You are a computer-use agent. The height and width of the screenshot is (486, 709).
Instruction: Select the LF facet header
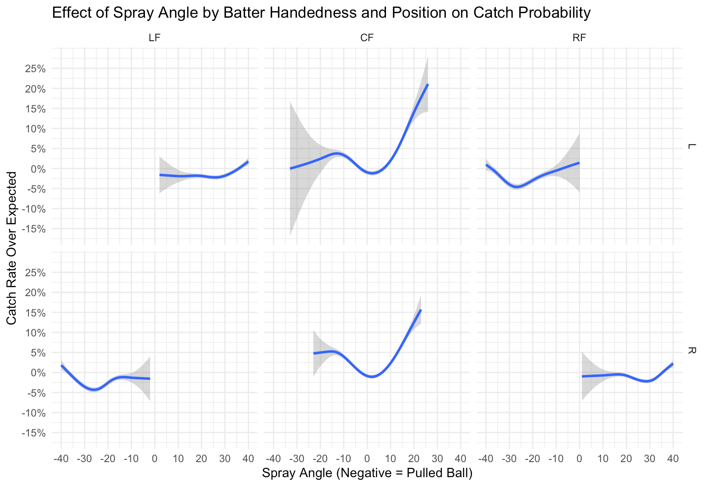point(154,38)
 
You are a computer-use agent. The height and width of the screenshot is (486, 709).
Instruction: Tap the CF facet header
point(367,38)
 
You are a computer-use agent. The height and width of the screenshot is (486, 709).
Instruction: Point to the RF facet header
point(579,38)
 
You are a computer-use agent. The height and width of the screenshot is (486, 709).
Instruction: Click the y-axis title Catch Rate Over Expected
point(12,248)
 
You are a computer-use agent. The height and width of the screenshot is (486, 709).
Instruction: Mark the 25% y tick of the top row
point(35,69)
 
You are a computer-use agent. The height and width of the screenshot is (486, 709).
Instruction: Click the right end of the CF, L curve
point(428,84)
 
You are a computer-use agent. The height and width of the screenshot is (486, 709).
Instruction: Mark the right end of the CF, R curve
point(421,310)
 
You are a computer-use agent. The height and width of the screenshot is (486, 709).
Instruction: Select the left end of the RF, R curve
point(582,376)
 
